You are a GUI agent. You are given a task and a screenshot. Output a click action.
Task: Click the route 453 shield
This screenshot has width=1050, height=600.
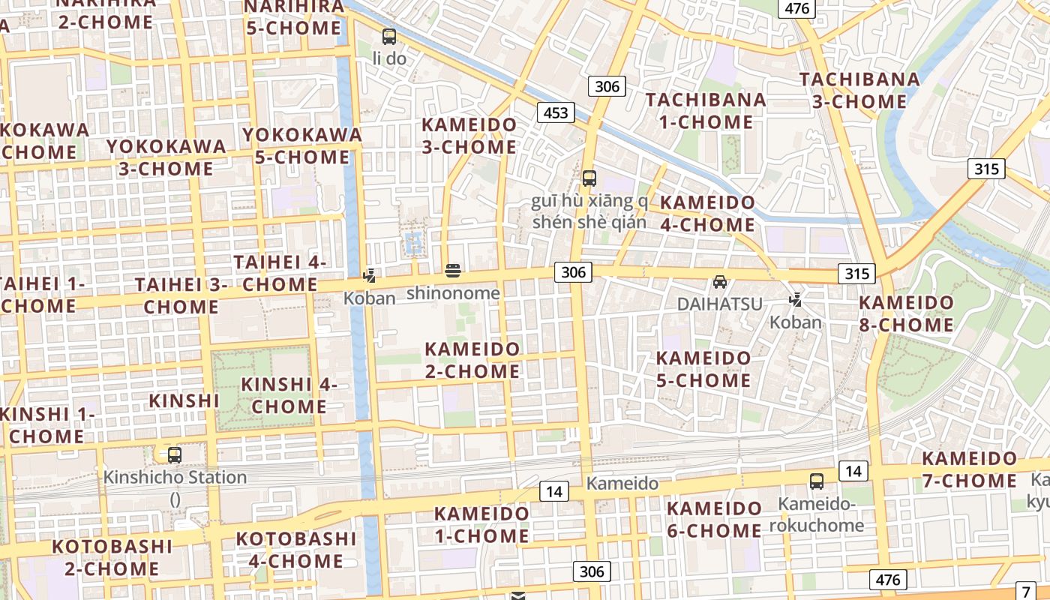tap(556, 112)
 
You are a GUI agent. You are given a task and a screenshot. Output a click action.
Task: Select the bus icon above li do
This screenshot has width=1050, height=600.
tap(388, 36)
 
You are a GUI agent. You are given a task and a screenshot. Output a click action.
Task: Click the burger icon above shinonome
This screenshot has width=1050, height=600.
tap(452, 270)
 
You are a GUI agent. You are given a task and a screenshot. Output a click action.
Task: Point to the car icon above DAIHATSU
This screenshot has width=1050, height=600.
tap(720, 282)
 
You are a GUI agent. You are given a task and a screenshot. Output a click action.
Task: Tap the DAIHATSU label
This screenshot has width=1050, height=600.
tap(719, 304)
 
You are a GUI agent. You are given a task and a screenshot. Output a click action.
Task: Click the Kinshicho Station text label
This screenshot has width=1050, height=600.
tap(175, 477)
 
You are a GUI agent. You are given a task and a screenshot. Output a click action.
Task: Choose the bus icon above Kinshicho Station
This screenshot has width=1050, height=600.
tap(175, 454)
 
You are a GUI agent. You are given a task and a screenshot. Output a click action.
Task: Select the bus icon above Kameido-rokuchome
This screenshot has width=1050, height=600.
tap(817, 481)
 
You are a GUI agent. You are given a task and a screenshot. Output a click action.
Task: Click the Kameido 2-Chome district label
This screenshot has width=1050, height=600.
tap(472, 360)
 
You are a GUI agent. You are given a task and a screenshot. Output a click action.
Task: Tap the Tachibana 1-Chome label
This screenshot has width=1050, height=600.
tap(706, 110)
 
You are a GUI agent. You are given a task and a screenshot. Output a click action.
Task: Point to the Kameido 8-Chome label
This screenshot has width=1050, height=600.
tap(906, 313)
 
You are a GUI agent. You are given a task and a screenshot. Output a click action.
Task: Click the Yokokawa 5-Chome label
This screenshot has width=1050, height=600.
tap(301, 146)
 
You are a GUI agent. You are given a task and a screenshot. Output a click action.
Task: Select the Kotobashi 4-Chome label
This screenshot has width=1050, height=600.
tap(295, 550)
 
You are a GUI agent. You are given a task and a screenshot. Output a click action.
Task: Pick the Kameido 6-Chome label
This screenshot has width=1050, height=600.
tap(714, 519)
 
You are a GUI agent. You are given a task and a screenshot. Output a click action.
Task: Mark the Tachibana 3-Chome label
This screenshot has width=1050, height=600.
tap(859, 90)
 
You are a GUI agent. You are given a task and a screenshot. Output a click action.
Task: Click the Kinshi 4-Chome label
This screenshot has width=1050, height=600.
tap(289, 395)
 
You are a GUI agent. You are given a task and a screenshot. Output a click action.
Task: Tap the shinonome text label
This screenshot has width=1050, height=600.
tap(453, 293)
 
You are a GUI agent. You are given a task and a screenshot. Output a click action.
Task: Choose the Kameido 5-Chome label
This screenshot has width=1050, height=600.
tap(703, 369)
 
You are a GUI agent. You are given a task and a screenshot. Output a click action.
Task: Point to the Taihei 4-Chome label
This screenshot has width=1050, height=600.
tap(280, 273)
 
